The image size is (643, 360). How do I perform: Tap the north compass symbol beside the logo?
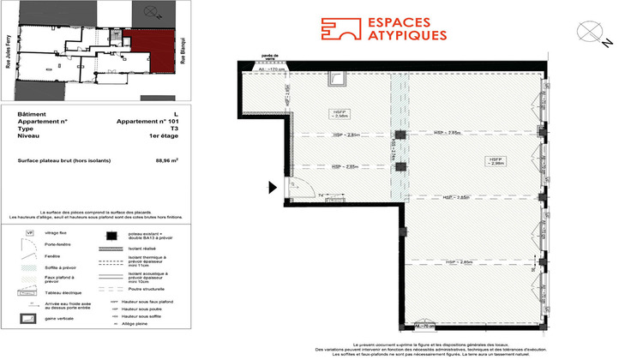(x=592, y=31)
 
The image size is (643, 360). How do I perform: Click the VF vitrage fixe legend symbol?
(x=29, y=232)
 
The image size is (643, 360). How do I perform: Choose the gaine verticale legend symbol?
(x=29, y=318)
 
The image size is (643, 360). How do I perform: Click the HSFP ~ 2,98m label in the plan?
(x=495, y=162)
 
